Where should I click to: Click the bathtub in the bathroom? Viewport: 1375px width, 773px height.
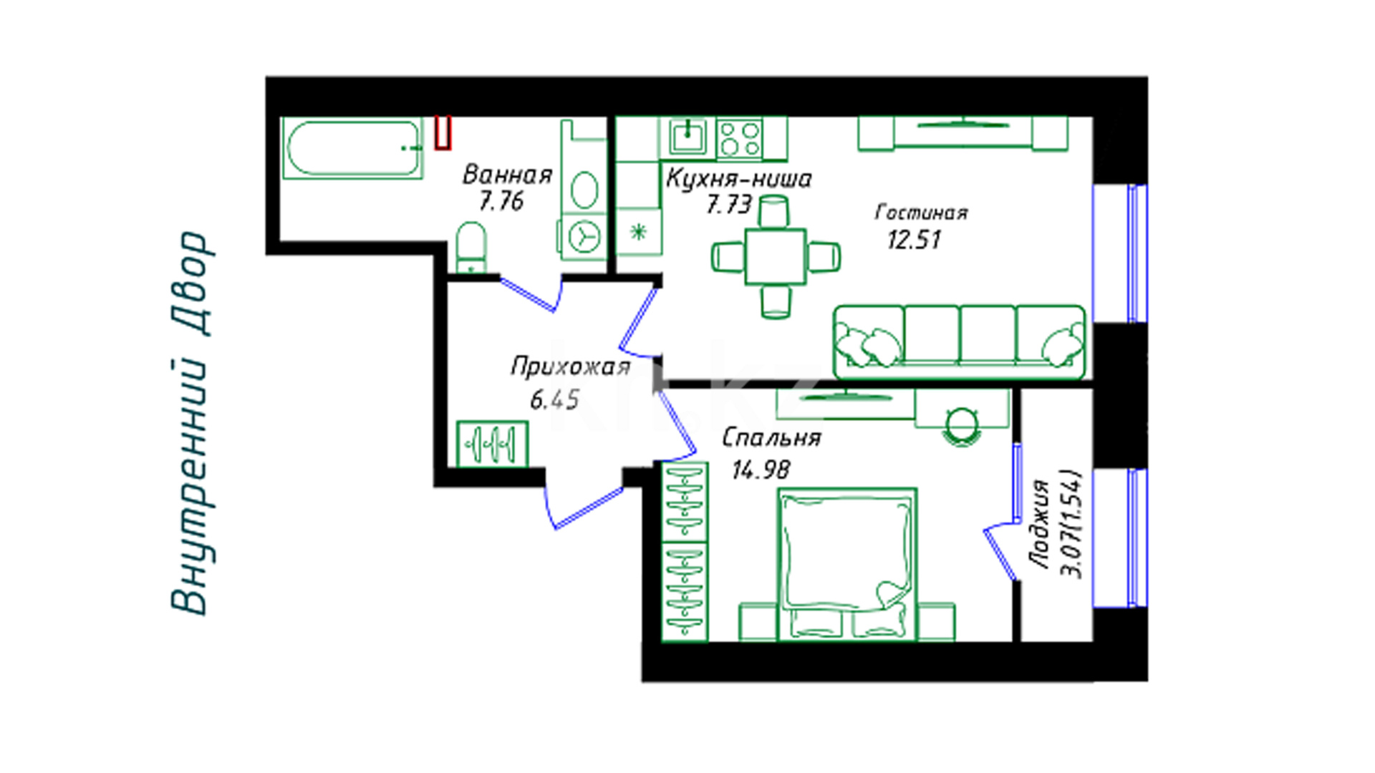pos(352,148)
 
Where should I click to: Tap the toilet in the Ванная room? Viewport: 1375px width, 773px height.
pos(471,248)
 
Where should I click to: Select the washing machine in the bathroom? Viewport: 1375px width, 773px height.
pos(584,235)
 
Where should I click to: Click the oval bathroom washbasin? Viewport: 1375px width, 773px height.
pos(585,189)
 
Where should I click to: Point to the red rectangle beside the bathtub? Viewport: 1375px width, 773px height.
pos(443,133)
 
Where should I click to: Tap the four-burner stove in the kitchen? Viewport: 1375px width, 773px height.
pos(739,138)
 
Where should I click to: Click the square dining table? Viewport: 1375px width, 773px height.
pos(776,256)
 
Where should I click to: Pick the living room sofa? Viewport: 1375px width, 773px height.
pos(960,341)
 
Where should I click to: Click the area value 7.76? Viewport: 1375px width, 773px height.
pos(501,201)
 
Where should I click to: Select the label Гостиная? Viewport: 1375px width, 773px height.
pos(922,213)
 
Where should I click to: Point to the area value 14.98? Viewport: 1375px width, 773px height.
pos(761,470)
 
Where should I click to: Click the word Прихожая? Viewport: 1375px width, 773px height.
pos(571,367)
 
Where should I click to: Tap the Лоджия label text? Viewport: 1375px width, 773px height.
pos(1041,525)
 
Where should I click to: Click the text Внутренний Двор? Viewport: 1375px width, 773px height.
pos(190,423)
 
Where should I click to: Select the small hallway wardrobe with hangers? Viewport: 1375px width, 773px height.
pos(492,444)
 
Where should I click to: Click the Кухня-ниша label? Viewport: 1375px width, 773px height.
pos(739,178)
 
